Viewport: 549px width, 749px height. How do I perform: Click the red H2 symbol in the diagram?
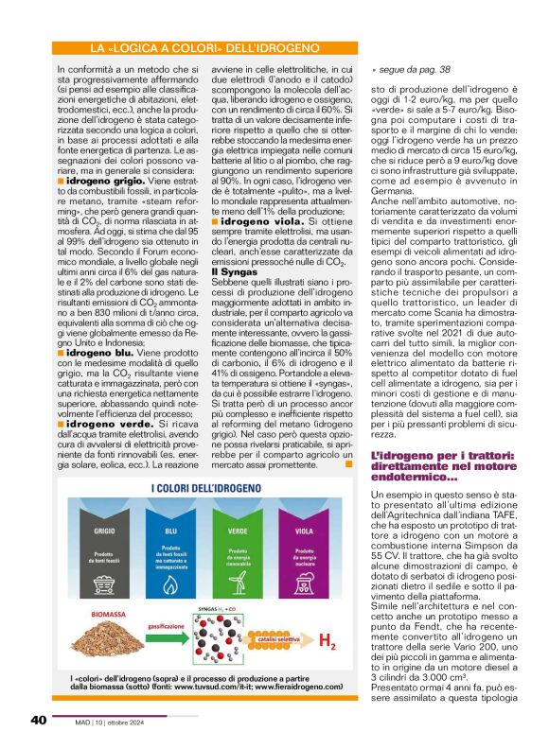[x=329, y=645]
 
